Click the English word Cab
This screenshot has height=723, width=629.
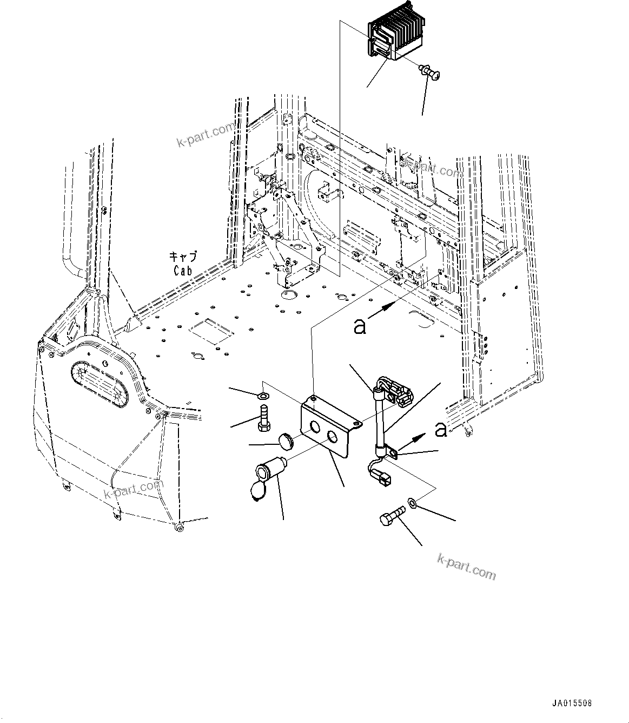click(x=183, y=271)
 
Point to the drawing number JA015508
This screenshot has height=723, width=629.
click(x=572, y=704)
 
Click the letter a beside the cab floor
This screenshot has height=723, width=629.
click(x=360, y=326)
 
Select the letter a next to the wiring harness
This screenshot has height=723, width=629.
click(x=441, y=429)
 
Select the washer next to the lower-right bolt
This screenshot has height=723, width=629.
click(x=413, y=504)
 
